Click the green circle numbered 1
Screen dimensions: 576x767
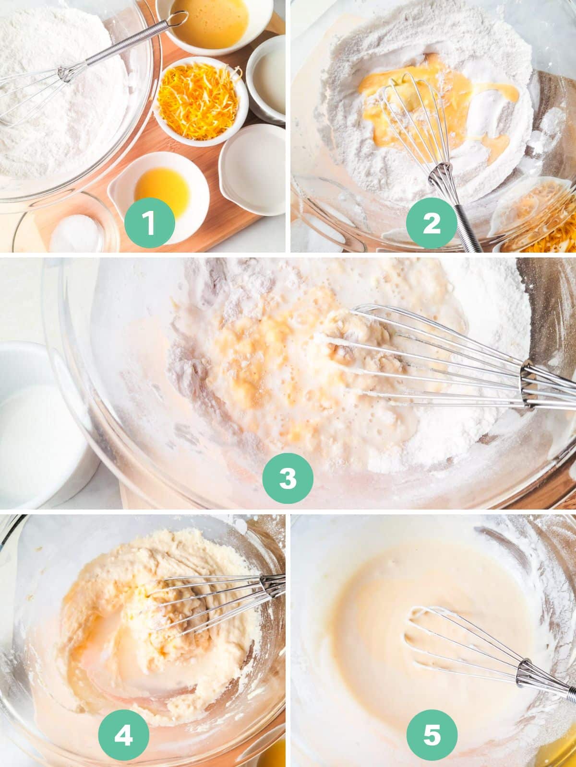pos(150,222)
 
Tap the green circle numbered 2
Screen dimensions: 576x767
pos(432,222)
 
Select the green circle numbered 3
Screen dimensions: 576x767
pos(288,477)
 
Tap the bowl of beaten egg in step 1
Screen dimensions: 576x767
pos(214,24)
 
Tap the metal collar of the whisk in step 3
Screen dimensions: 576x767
pos(528,385)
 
